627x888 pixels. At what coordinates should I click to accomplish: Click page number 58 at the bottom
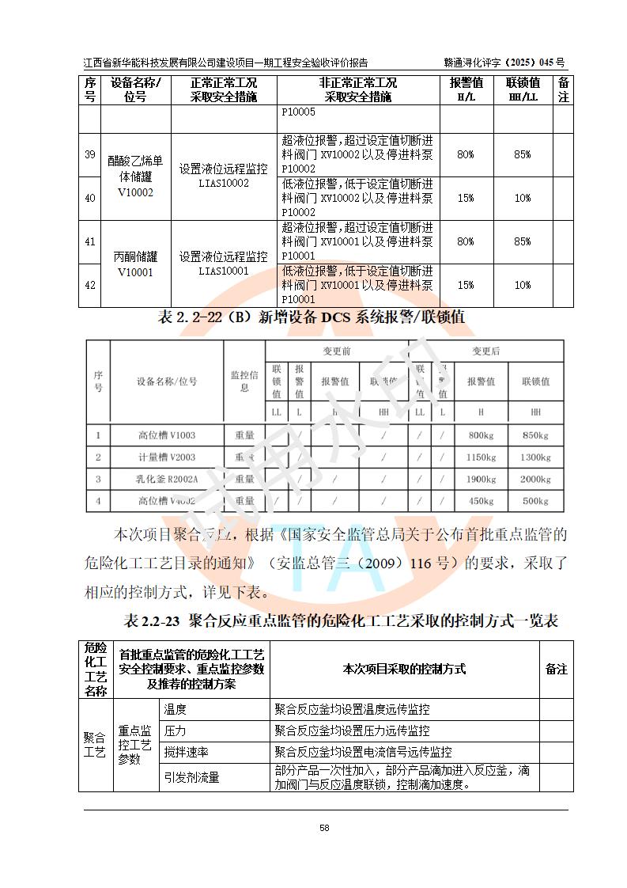(x=324, y=828)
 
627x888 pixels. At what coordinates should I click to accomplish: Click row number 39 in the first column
(x=90, y=154)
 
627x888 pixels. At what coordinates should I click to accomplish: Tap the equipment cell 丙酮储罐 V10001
(x=135, y=264)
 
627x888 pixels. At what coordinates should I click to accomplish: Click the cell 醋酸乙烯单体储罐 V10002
(x=135, y=176)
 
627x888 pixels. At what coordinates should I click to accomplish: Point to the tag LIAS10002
(x=224, y=183)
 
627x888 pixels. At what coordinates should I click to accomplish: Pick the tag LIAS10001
(x=224, y=271)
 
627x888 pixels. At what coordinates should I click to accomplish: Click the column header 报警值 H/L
(x=466, y=89)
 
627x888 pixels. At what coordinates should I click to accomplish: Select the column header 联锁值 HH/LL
(x=523, y=89)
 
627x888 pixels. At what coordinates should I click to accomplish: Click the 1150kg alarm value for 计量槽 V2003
(x=481, y=457)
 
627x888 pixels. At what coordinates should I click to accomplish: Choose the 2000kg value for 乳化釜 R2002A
(x=535, y=479)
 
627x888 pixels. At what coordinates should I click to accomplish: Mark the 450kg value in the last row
(x=481, y=501)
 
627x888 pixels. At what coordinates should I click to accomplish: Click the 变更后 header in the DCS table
(x=485, y=351)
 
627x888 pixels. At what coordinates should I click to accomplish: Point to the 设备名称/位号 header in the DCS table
(x=166, y=381)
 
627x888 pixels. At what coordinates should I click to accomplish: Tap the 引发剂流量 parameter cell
(x=191, y=777)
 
